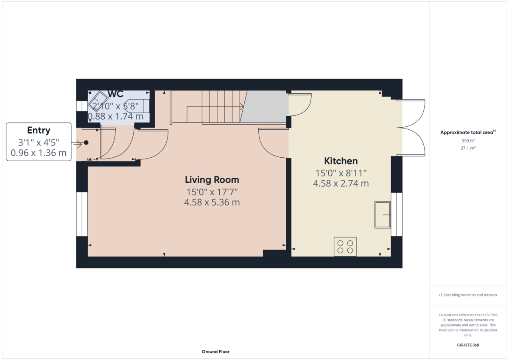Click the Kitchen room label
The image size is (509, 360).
(341, 161)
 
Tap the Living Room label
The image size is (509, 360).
(212, 180)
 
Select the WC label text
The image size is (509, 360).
(115, 94)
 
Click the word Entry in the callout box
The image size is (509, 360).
(39, 131)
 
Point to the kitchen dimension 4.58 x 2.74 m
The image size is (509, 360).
(341, 184)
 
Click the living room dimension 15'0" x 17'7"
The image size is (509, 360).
(212, 192)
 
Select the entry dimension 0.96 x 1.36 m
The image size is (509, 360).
(39, 153)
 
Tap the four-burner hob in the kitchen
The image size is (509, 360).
(345, 247)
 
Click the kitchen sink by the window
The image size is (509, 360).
(383, 215)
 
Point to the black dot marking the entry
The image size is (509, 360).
(86, 142)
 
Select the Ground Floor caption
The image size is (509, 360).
(215, 352)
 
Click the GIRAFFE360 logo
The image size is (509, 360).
(468, 345)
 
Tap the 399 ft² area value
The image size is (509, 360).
(468, 141)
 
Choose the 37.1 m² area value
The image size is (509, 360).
(468, 148)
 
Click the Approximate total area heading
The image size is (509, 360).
(468, 132)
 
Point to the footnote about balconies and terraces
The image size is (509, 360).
(468, 295)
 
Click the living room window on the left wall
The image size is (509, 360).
(82, 214)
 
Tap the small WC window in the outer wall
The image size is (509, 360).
(82, 106)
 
